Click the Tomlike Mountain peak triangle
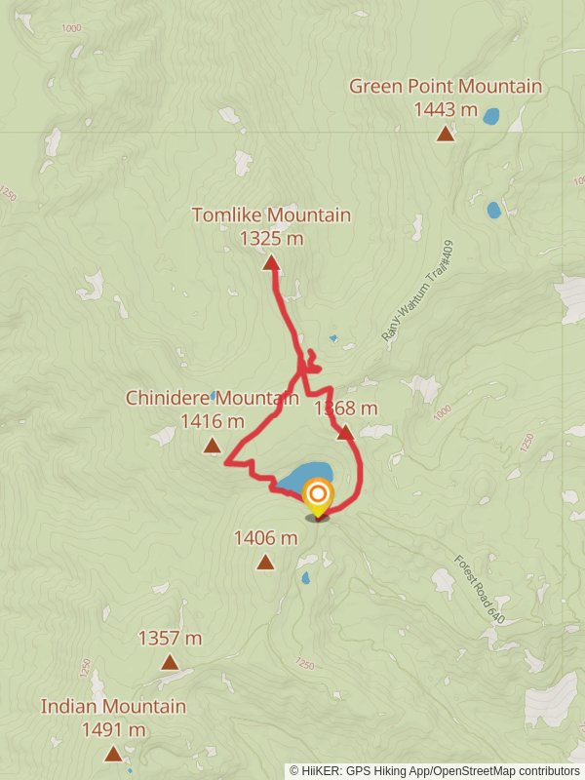[x=271, y=262]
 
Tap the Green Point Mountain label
[x=446, y=87]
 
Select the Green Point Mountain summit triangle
[x=446, y=134]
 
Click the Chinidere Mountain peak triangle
[x=212, y=446]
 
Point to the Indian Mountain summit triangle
[x=114, y=753]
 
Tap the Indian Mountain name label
[x=113, y=706]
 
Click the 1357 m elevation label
[x=170, y=639]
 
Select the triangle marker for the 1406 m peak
[x=265, y=562]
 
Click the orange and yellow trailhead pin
[x=317, y=496]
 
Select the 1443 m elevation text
[x=446, y=109]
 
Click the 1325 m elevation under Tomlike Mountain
[x=271, y=238]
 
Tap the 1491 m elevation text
[x=113, y=729]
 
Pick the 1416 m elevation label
[x=213, y=421]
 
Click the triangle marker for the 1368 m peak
[x=345, y=432]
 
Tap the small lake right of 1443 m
[x=491, y=116]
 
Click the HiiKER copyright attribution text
[x=435, y=770]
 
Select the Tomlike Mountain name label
[x=271, y=214]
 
